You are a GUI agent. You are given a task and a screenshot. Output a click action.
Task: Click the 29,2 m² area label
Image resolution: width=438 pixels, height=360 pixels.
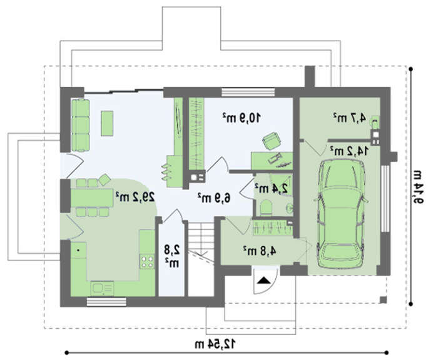(135, 197)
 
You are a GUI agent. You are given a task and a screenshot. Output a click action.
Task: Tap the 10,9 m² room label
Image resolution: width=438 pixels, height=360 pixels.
(242, 117)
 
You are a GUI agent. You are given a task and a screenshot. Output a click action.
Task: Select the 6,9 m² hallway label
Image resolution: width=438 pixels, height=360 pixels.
(215, 197)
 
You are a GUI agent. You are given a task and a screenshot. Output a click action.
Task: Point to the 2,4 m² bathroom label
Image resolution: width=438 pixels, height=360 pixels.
(271, 188)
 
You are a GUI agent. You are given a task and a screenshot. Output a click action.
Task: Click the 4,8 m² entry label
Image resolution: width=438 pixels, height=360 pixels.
(260, 251)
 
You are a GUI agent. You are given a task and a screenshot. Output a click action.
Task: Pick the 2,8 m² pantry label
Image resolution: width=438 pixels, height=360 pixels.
(171, 256)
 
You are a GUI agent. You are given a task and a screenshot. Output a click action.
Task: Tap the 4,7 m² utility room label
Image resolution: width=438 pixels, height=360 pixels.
(350, 117)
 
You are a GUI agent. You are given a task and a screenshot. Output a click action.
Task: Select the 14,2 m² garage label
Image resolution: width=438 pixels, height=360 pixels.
(349, 151)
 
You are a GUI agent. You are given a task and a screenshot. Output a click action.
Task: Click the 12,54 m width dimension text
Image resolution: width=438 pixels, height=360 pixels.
(215, 344)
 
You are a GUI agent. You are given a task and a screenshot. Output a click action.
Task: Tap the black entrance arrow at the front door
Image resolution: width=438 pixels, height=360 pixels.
(263, 280)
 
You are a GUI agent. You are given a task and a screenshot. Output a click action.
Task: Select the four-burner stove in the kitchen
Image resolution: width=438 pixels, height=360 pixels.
(147, 261)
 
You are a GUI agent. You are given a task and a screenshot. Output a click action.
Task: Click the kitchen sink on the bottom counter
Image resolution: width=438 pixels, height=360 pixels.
(102, 289)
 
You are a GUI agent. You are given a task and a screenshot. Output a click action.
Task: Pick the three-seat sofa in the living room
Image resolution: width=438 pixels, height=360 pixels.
(81, 125)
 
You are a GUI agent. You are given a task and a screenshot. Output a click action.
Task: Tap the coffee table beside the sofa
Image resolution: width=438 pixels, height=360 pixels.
(107, 123)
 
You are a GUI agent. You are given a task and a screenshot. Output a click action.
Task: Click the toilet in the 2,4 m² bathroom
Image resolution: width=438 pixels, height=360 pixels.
(266, 207)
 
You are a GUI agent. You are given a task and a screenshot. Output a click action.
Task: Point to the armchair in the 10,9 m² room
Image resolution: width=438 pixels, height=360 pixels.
(271, 141)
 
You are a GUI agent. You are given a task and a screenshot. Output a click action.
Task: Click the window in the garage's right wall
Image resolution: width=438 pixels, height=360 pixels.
(385, 198)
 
